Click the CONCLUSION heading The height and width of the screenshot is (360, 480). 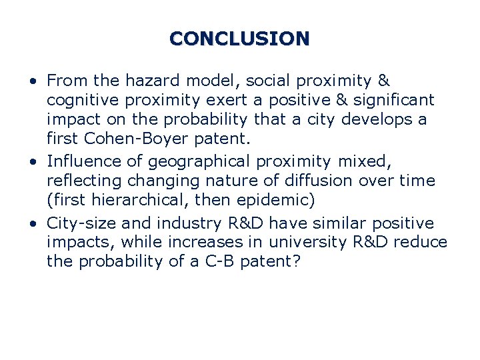tap(239, 38)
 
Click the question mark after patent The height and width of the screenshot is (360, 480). tap(296, 262)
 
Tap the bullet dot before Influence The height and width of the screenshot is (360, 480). tap(33, 161)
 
